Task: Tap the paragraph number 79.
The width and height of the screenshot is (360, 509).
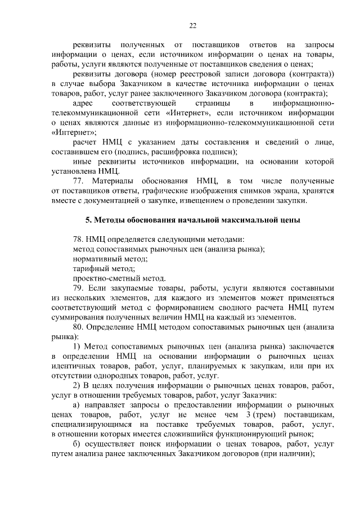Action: coord(79,288)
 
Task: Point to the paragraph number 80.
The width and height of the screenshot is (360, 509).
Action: coord(79,327)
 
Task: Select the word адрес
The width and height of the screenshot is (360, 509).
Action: coord(84,104)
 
